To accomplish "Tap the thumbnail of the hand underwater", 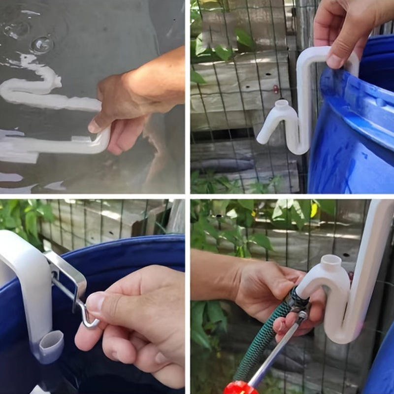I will pos(94,126).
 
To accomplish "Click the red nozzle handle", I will pos(240,388).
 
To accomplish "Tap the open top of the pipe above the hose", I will pos(330,261).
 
